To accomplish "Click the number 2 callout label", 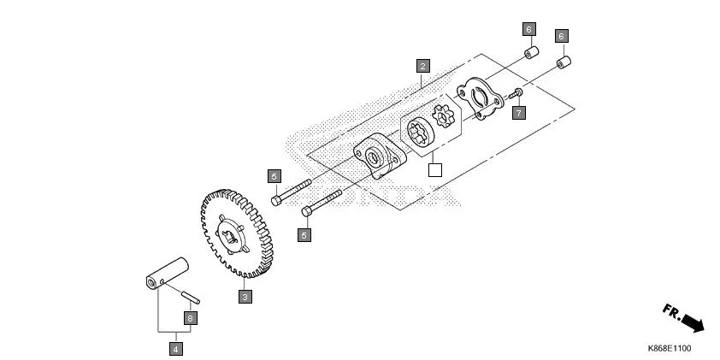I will (x=422, y=64).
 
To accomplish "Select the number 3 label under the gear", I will (x=245, y=297).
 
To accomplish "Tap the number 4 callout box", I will (x=175, y=348).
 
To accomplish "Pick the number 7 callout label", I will (x=518, y=112).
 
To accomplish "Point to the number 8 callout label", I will (x=191, y=317).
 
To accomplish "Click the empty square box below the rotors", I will (x=434, y=169).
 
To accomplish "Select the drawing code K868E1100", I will (x=669, y=348).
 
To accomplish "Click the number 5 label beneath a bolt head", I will (x=304, y=233).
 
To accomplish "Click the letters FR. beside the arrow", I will (x=672, y=313).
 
